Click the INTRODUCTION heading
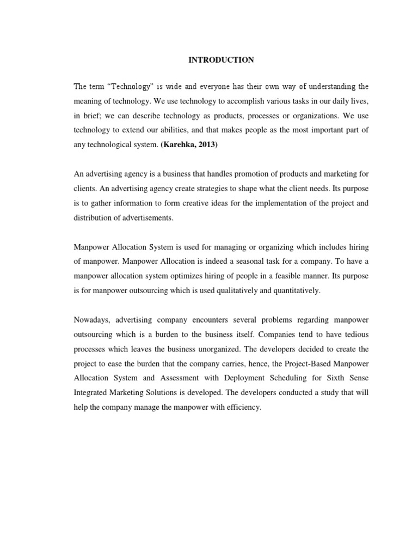(221, 60)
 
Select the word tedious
(355, 334)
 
